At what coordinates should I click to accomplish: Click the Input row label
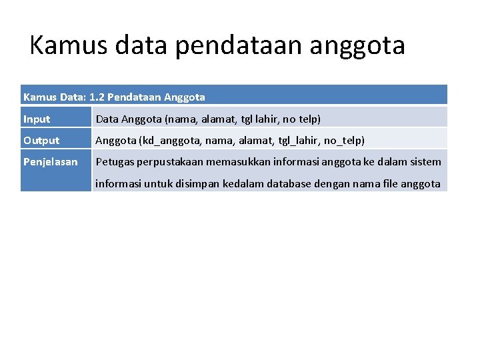pyautogui.click(x=37, y=119)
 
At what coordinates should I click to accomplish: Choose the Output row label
pyautogui.click(x=41, y=141)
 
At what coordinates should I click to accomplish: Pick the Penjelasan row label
pyautogui.click(x=51, y=162)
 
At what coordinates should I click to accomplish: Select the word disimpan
pyautogui.click(x=199, y=183)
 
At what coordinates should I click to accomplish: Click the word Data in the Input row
pyautogui.click(x=107, y=119)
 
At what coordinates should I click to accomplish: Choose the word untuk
pyautogui.click(x=158, y=183)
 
